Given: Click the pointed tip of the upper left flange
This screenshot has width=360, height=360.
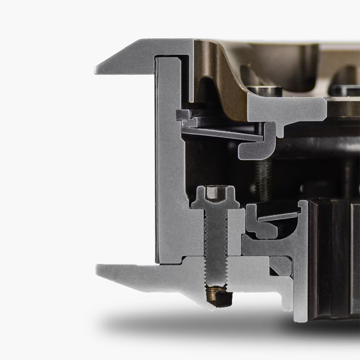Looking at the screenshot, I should click(97, 70).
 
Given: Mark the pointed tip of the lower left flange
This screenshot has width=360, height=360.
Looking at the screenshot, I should click(98, 268).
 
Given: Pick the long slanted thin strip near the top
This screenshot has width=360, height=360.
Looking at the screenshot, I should click(220, 134).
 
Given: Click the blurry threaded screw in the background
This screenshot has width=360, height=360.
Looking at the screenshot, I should click(263, 176).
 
